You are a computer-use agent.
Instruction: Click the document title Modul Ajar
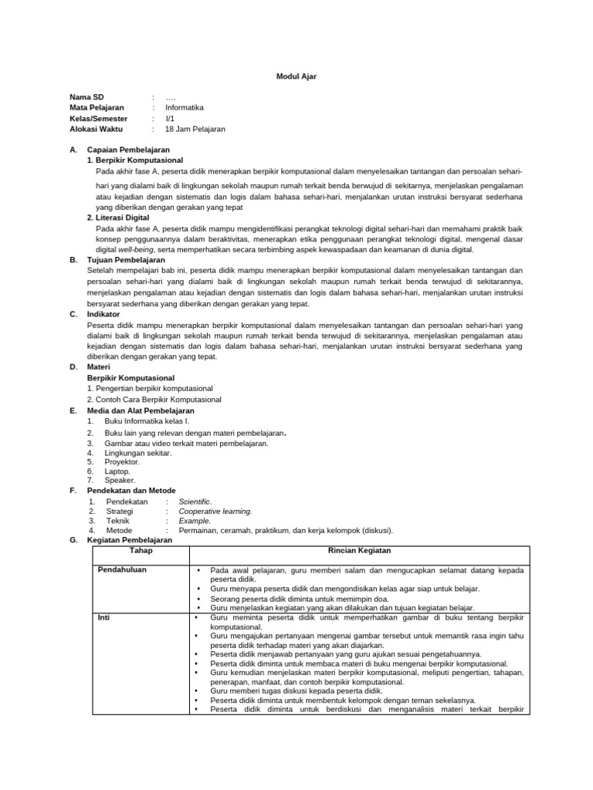(x=296, y=76)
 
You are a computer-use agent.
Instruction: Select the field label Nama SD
(x=86, y=97)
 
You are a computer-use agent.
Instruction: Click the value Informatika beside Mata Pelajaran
(x=185, y=108)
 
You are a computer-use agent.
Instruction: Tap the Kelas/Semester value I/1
(x=170, y=119)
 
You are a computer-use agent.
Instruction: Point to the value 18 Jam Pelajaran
(x=195, y=130)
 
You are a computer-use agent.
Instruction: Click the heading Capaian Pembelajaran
(x=128, y=149)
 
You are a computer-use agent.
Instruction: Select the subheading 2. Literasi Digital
(x=118, y=218)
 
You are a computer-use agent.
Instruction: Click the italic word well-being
(x=136, y=249)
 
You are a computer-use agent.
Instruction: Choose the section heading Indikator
(x=104, y=314)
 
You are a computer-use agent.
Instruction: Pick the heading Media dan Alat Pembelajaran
(x=141, y=411)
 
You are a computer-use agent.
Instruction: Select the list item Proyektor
(x=122, y=461)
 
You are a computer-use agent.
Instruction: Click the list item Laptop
(x=117, y=471)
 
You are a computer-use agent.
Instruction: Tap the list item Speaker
(x=120, y=480)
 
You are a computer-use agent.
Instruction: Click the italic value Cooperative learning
(x=215, y=511)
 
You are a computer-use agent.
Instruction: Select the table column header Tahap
(x=141, y=551)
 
